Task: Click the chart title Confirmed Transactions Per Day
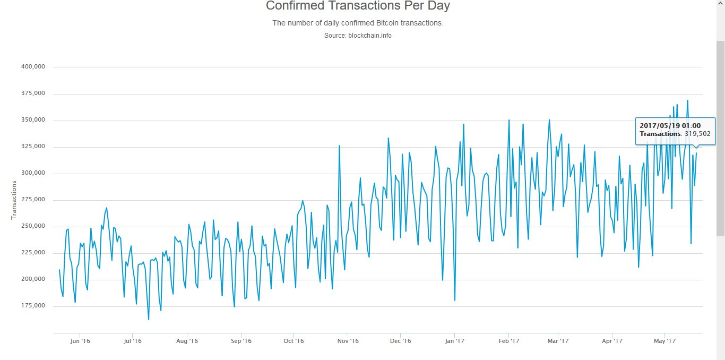click(x=358, y=6)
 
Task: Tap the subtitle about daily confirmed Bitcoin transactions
click(x=358, y=23)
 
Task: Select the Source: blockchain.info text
click(x=358, y=36)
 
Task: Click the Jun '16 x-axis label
click(x=80, y=341)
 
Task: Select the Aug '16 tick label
click(x=187, y=341)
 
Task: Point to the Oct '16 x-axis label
click(x=294, y=341)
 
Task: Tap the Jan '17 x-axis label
click(x=454, y=341)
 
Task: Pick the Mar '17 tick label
click(x=558, y=341)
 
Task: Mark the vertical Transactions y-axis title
click(x=14, y=200)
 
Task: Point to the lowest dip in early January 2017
click(x=455, y=300)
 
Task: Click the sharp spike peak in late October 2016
click(x=339, y=145)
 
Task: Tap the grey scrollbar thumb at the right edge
click(x=720, y=138)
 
